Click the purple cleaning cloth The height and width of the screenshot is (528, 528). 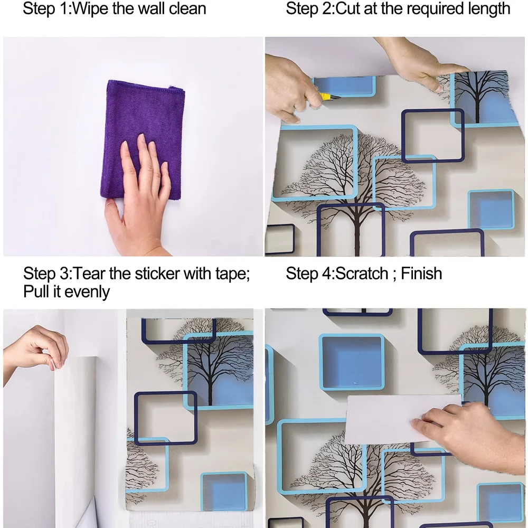(143, 135)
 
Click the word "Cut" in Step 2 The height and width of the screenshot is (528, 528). (348, 8)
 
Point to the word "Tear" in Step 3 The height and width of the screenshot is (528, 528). (89, 274)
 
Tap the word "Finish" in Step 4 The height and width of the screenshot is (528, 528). (421, 274)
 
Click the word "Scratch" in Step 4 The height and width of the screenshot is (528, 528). (362, 274)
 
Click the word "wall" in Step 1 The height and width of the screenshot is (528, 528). (153, 8)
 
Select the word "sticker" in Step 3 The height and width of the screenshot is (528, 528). (157, 274)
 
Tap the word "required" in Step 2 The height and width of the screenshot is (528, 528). (433, 9)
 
